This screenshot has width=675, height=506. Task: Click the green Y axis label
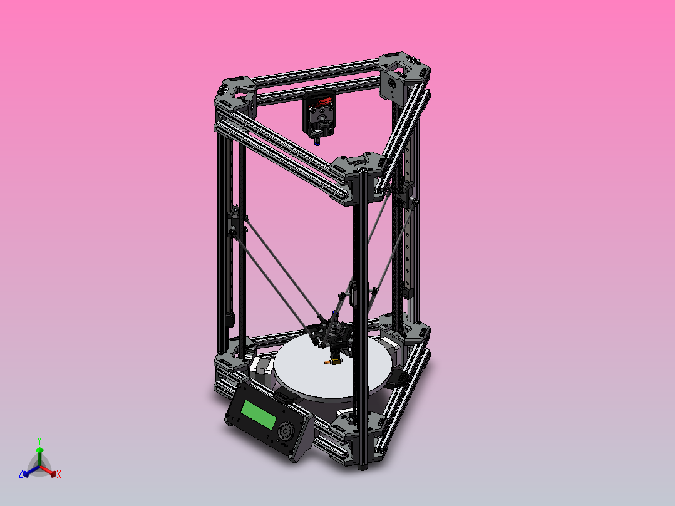pyautogui.click(x=39, y=440)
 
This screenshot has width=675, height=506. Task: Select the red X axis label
pyautogui.click(x=59, y=474)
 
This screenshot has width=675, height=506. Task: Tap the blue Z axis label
pyautogui.click(x=21, y=474)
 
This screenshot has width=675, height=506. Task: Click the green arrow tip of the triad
pyautogui.click(x=39, y=450)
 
